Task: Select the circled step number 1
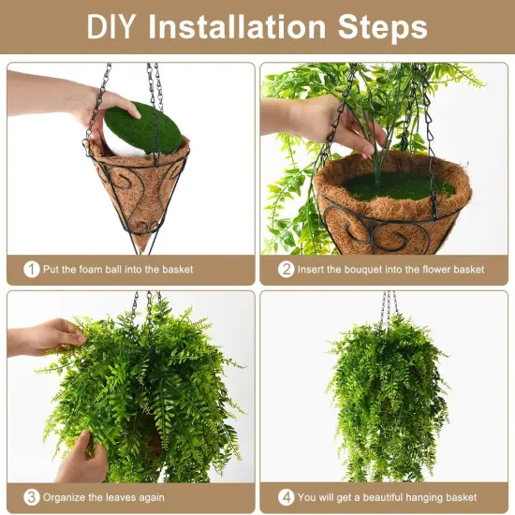(32, 269)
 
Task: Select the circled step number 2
(287, 269)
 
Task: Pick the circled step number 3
(32, 497)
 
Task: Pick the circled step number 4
(287, 497)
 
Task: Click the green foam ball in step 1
(145, 127)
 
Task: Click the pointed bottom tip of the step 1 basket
(140, 245)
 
